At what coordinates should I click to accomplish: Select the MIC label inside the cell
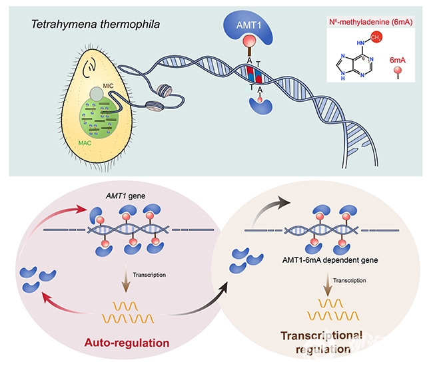click(109, 86)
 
